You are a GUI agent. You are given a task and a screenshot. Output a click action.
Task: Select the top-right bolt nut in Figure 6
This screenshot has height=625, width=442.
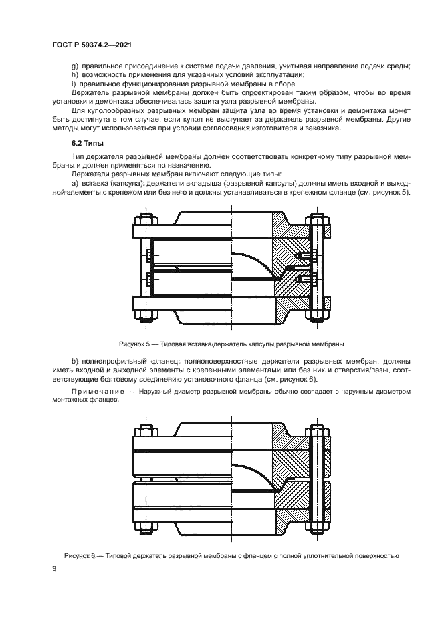317,428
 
